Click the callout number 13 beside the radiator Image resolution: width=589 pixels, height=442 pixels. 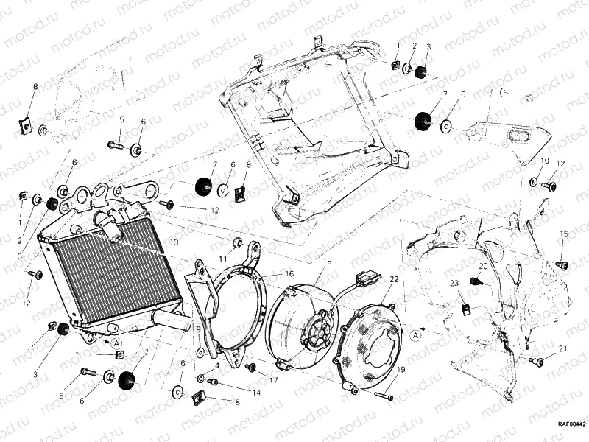[x=174, y=242]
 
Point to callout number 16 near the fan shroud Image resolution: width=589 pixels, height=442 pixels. [x=289, y=273]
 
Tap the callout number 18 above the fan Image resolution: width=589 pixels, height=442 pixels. [x=327, y=262]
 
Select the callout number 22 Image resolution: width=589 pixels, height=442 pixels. [x=394, y=279]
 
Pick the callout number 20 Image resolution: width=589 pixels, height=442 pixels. [x=483, y=266]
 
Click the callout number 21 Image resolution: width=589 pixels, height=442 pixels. [x=562, y=348]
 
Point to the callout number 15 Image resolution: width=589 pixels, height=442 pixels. [x=563, y=234]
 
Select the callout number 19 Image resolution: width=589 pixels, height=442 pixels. [x=401, y=370]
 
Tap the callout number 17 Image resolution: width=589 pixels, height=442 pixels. [x=273, y=381]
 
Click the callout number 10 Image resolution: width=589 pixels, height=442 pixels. [x=545, y=161]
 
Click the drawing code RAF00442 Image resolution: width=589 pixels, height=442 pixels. [x=571, y=424]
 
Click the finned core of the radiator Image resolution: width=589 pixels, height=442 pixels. [x=110, y=273]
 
